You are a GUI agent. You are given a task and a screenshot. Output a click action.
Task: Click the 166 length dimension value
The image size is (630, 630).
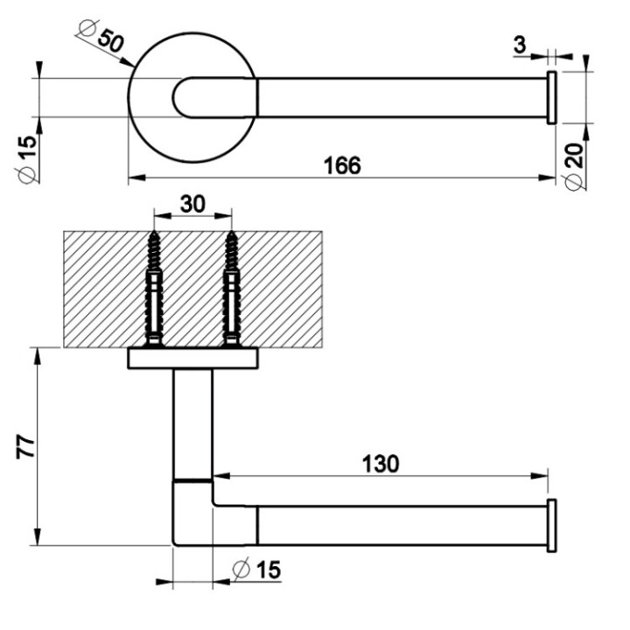coord(342,165)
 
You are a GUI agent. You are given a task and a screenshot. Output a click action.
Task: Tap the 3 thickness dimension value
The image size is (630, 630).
coord(521,45)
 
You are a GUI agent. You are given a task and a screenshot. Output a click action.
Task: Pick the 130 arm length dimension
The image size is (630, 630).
coord(381,463)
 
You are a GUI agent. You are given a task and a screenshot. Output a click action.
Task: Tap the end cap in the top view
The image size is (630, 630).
coord(551,98)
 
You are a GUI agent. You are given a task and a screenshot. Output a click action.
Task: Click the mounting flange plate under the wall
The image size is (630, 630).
coord(192,359)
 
